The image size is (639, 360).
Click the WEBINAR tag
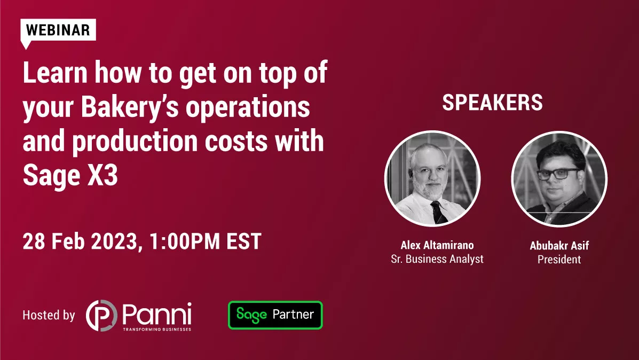click(58, 30)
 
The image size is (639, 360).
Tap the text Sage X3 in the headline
click(70, 175)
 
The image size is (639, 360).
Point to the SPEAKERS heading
click(492, 103)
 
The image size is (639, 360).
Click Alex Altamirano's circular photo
click(432, 178)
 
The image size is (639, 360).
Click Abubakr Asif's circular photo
click(559, 179)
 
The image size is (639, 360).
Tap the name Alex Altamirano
click(437, 245)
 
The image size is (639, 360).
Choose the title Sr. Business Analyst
click(437, 259)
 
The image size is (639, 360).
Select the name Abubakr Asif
click(559, 246)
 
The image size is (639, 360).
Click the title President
click(559, 259)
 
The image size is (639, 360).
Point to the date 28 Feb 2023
click(80, 241)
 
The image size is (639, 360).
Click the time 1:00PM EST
click(206, 241)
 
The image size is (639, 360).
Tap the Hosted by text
click(49, 315)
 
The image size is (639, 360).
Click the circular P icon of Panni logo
click(101, 316)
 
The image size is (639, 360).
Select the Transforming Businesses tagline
click(157, 329)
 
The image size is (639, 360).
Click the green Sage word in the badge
click(251, 315)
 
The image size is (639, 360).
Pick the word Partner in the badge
click(294, 315)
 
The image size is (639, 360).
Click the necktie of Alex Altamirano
click(438, 212)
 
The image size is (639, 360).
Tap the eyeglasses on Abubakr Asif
click(558, 174)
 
